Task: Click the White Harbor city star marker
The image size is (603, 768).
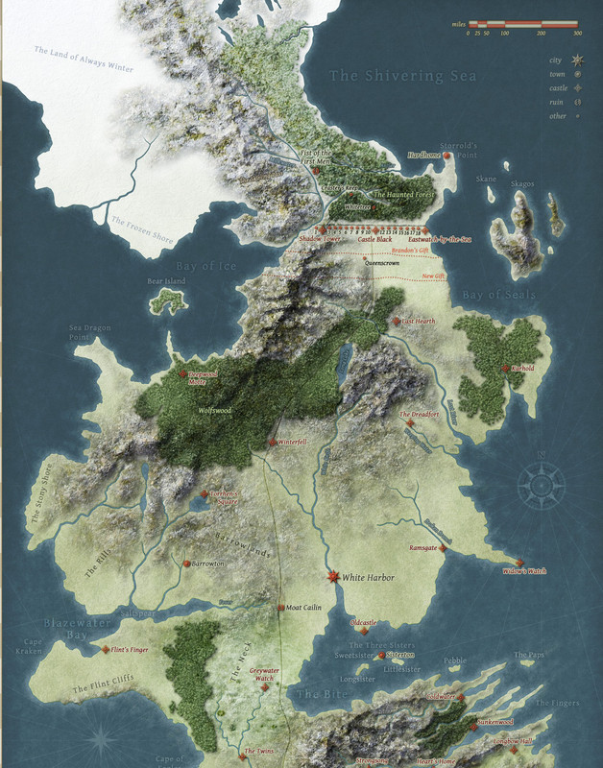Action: pyautogui.click(x=333, y=577)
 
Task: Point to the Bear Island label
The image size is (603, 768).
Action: pyautogui.click(x=165, y=282)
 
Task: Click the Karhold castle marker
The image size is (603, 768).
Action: pyautogui.click(x=505, y=368)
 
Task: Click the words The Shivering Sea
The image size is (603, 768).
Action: pyautogui.click(x=400, y=76)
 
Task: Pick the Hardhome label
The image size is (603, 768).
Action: pyautogui.click(x=424, y=155)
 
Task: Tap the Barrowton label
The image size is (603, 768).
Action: pyautogui.click(x=207, y=564)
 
